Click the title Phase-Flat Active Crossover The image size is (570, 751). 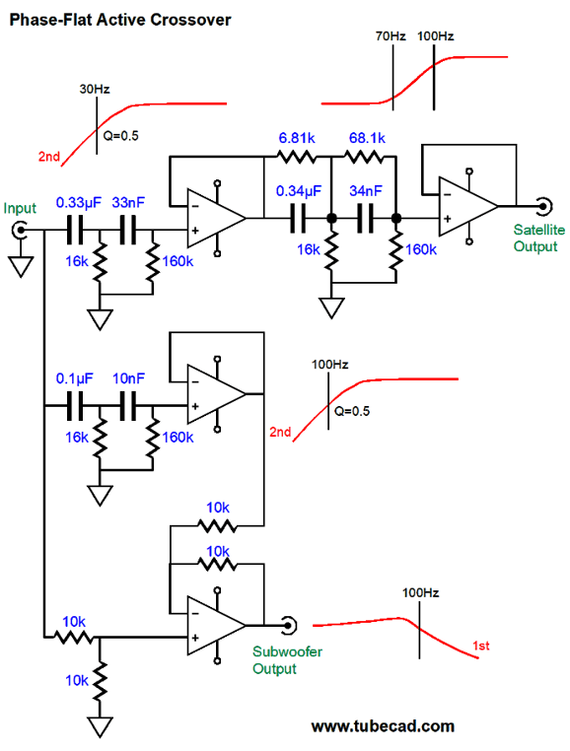(x=120, y=20)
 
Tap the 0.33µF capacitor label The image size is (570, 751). (x=79, y=203)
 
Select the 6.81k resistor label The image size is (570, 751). (x=297, y=138)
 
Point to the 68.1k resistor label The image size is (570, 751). (x=367, y=138)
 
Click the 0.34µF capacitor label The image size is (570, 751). (x=298, y=191)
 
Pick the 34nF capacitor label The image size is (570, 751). (x=366, y=191)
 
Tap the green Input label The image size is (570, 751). (x=20, y=208)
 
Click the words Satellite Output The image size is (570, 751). (x=538, y=239)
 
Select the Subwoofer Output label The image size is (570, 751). (x=287, y=660)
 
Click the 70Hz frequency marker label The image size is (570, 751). (x=391, y=36)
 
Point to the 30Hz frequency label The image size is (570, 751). (x=95, y=89)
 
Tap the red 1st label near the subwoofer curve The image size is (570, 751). (x=481, y=647)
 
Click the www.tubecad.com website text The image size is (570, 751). (x=383, y=726)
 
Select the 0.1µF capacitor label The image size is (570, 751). (x=74, y=378)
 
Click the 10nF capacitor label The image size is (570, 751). (x=128, y=378)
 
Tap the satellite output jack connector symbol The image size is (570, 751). (x=544, y=206)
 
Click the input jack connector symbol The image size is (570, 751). (x=20, y=231)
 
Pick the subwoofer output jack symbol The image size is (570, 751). (x=289, y=625)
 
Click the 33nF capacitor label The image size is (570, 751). (x=128, y=203)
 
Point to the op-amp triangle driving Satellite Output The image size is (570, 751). (x=467, y=206)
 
